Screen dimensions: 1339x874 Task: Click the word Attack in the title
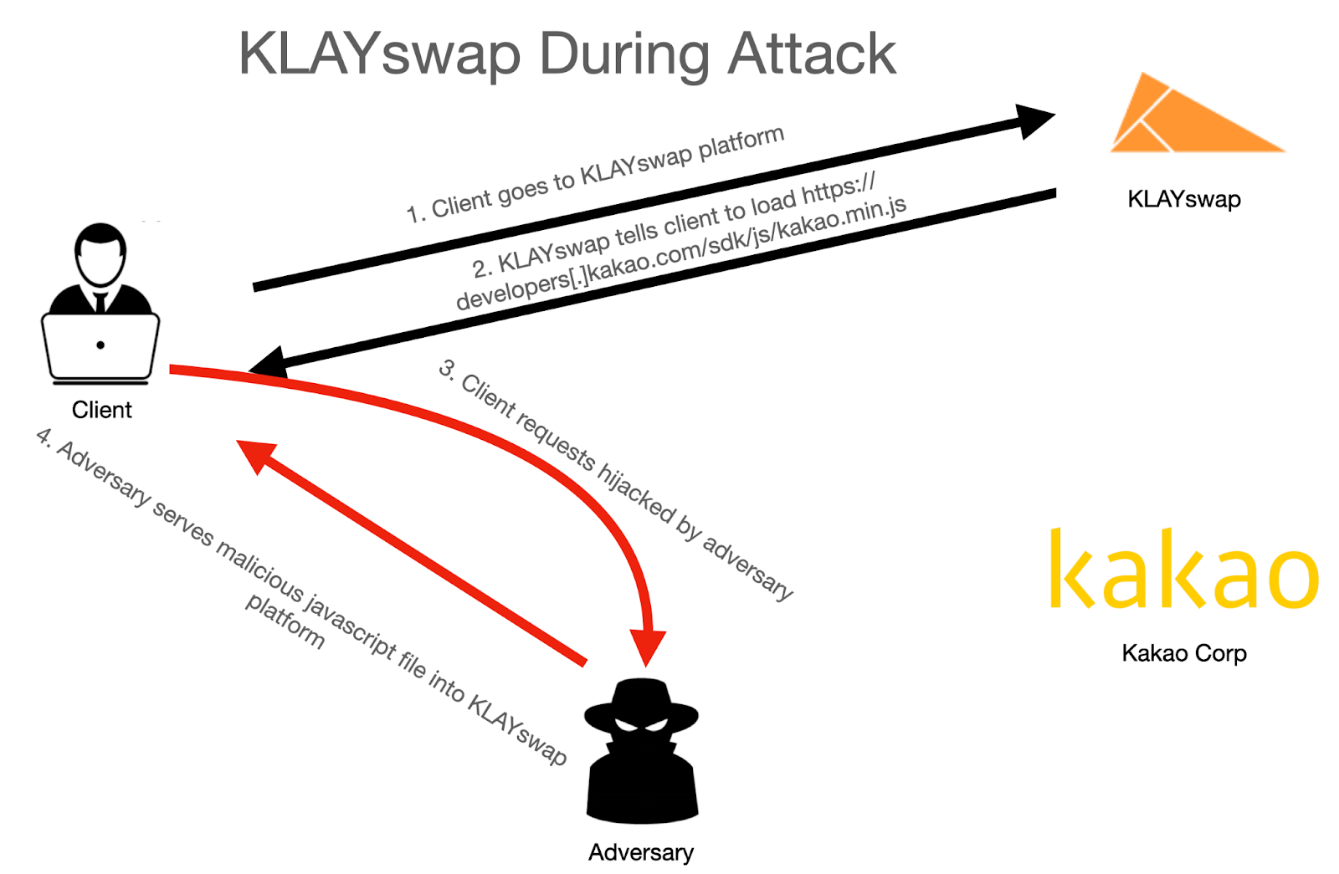tap(812, 54)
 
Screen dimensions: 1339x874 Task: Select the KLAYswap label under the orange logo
tap(1183, 199)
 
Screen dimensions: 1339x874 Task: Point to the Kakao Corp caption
tap(1183, 653)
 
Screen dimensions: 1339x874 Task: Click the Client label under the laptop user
tap(101, 410)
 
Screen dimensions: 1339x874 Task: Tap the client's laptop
tap(100, 347)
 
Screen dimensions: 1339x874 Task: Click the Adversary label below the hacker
tap(640, 852)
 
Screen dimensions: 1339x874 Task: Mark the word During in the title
tap(623, 54)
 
